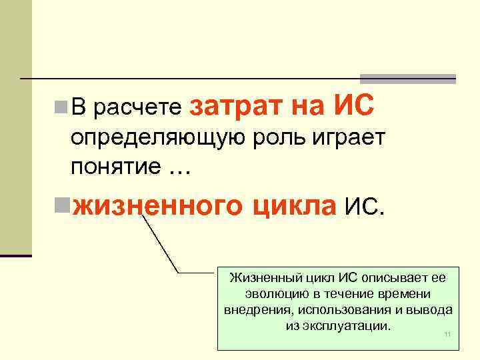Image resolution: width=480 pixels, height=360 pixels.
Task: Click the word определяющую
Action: tap(161, 138)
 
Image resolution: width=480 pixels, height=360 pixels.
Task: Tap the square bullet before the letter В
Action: tap(61, 105)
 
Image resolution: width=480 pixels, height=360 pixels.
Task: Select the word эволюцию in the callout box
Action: tap(263, 294)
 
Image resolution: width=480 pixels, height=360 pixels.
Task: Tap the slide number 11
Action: tap(447, 334)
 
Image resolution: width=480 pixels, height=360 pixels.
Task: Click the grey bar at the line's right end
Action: tap(408, 78)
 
